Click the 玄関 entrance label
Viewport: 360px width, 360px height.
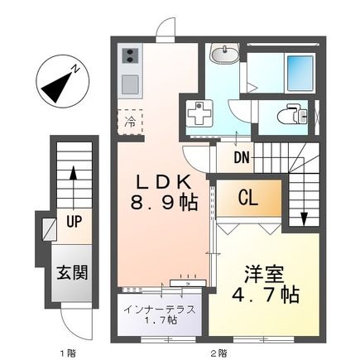coord(72,271)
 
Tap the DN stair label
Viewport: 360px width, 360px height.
coord(242,157)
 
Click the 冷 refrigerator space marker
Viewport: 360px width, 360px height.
coord(130,122)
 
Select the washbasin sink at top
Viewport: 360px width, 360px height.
coord(223,55)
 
